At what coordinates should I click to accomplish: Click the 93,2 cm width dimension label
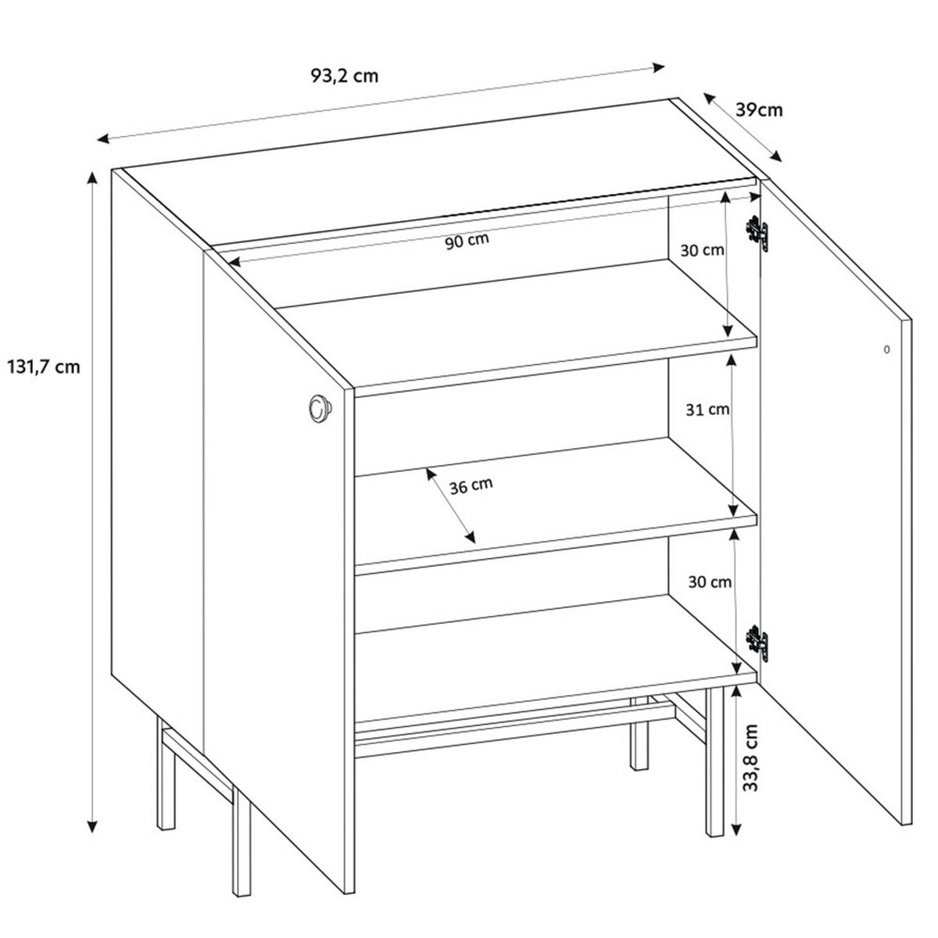345,76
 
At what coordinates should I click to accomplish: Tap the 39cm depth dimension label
759,109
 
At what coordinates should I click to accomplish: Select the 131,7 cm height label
43,366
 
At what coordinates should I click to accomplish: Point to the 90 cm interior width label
467,241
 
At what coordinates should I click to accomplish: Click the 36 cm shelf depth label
471,485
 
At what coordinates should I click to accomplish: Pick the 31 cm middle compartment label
707,409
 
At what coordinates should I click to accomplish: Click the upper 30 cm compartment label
702,251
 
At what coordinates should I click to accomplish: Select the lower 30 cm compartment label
710,582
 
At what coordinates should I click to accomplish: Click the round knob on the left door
318,408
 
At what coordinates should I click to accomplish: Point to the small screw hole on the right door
886,349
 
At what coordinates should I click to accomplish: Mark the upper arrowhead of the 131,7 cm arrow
92,177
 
